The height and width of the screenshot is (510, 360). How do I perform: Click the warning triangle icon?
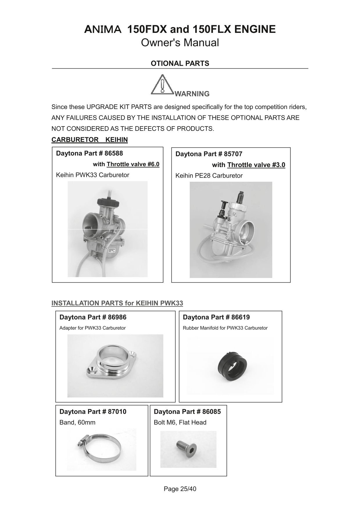162,85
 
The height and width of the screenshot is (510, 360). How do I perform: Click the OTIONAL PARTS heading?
180,63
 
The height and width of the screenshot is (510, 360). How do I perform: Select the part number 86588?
114,153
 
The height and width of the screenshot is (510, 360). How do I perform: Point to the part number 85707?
233,154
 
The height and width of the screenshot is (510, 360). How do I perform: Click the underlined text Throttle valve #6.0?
133,164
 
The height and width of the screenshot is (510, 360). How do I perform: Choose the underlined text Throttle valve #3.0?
256,165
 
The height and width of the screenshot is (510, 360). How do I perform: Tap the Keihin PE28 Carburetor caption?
209,176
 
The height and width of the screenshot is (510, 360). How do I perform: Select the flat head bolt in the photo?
186,449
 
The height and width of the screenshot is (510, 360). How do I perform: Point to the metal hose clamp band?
98,449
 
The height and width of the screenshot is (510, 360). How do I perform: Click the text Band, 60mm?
77,422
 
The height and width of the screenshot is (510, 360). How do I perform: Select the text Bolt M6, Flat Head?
180,422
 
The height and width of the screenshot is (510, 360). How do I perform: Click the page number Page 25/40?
180,489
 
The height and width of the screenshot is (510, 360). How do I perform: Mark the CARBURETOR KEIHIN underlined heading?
89,140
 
